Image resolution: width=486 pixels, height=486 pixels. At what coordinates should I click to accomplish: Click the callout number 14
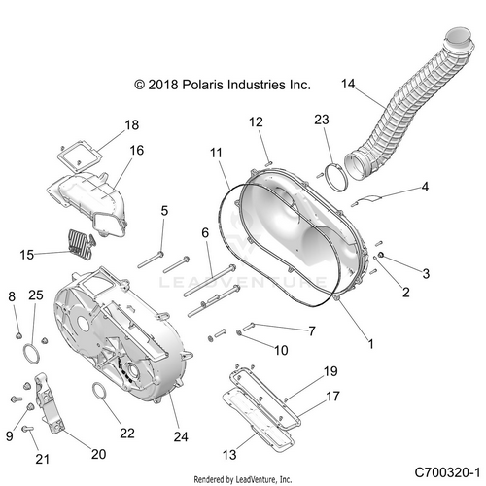[348, 84]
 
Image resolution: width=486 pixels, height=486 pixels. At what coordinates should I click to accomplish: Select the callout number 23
[322, 120]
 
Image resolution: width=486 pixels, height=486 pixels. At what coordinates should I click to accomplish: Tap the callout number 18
[132, 125]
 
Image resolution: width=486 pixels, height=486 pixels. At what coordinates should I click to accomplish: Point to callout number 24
[181, 436]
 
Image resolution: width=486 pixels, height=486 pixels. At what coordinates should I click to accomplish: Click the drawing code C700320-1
[447, 472]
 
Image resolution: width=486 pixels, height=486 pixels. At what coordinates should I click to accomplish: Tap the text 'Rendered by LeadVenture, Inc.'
[243, 479]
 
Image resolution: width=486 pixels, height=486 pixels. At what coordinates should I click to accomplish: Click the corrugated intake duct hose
[409, 105]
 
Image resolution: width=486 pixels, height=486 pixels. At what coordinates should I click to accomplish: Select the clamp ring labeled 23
[335, 178]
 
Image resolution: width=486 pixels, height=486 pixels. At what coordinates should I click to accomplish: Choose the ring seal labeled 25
[32, 354]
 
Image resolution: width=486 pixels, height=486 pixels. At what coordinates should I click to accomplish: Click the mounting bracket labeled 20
[49, 401]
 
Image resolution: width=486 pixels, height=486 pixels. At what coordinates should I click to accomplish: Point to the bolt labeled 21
[27, 429]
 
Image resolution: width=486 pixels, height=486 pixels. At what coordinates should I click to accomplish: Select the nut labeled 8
[18, 335]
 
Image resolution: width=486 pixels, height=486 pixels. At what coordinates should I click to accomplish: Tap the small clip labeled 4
[366, 200]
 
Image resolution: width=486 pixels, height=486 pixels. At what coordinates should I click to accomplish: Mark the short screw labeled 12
[269, 163]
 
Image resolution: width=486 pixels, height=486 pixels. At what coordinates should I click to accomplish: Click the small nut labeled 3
[381, 255]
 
